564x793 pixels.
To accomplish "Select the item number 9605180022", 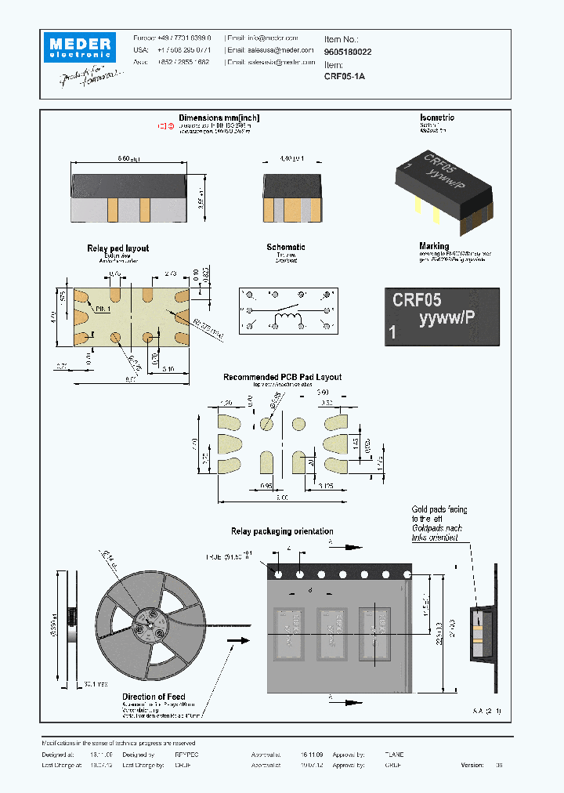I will coord(349,52).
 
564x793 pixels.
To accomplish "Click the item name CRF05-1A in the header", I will coord(345,77).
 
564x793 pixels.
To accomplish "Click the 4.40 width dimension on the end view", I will coord(291,159).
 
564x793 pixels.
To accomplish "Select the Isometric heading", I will coord(437,118).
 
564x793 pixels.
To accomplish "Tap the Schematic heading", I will coord(286,248).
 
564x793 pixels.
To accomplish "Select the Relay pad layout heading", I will coord(117,248).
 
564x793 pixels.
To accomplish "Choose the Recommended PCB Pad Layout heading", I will coord(282,377).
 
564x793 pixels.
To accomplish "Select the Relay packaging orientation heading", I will coord(282,531).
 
